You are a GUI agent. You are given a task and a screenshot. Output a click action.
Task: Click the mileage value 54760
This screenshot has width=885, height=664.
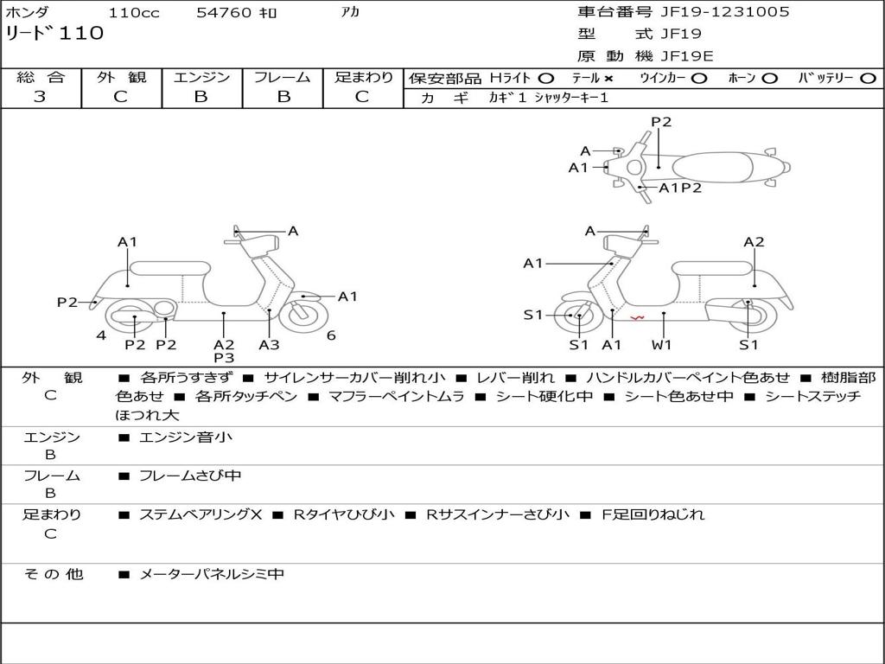tap(224, 13)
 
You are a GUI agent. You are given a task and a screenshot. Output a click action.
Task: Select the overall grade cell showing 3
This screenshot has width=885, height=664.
tap(40, 97)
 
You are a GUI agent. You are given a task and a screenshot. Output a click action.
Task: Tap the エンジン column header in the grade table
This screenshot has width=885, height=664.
tap(202, 77)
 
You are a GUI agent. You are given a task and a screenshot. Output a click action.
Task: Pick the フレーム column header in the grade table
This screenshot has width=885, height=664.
tap(283, 77)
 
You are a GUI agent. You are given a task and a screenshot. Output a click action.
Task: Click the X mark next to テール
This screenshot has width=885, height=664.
tap(608, 78)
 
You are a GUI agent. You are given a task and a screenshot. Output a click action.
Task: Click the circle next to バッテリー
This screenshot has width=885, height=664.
tap(868, 78)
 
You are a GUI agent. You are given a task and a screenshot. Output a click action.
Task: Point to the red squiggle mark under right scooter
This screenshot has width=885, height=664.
tap(637, 319)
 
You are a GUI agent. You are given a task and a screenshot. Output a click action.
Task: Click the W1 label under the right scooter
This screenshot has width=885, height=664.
tap(662, 345)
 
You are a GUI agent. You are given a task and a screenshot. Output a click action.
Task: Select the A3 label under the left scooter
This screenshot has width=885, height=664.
tap(270, 344)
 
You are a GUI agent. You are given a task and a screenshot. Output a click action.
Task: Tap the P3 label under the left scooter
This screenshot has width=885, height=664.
tap(224, 357)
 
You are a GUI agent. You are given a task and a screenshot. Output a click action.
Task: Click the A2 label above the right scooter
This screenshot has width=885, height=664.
tap(754, 242)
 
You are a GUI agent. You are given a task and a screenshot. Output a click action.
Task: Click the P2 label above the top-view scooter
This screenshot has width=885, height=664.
tap(661, 122)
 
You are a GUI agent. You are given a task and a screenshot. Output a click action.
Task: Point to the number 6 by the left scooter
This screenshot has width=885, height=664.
tap(331, 335)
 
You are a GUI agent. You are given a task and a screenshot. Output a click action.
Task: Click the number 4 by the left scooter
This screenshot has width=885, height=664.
tap(101, 335)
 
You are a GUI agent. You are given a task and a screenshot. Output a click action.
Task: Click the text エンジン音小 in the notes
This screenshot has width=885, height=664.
tap(186, 437)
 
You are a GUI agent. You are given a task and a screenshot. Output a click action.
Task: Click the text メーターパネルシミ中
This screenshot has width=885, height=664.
tap(212, 574)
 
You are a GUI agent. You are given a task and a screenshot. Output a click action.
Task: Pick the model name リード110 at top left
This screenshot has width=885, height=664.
tap(54, 34)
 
